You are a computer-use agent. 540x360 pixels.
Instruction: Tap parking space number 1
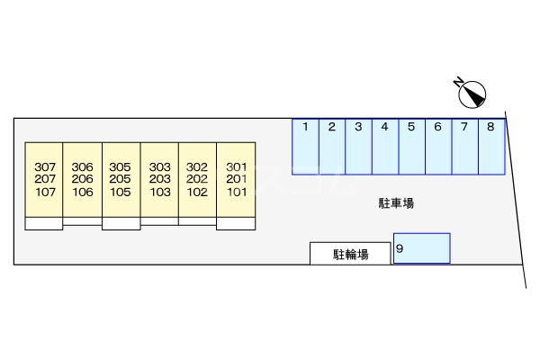click(306, 146)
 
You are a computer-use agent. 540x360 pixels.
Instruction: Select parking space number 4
click(384, 146)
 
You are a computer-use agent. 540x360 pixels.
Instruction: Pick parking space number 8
click(490, 146)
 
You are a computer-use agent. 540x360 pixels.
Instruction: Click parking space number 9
click(422, 248)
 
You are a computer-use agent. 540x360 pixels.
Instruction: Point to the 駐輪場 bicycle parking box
click(351, 255)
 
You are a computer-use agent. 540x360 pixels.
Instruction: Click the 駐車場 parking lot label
click(396, 203)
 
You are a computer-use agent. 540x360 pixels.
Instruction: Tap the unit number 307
click(44, 166)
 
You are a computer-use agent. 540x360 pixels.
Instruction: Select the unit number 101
click(237, 192)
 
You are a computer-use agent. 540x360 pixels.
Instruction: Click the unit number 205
click(121, 179)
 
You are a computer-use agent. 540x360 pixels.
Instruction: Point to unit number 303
click(160, 166)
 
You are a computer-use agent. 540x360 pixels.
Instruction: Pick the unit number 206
click(83, 179)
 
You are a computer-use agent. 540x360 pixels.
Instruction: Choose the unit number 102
click(197, 192)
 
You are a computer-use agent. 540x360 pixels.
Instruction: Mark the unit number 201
click(237, 179)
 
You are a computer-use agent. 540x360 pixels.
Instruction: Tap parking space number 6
click(437, 146)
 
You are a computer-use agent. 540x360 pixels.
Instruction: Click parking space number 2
click(332, 146)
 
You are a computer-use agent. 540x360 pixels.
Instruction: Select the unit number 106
click(83, 192)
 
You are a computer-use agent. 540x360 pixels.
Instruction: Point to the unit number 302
click(197, 166)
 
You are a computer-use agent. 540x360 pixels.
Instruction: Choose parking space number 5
click(411, 146)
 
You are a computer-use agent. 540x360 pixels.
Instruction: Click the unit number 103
click(160, 192)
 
